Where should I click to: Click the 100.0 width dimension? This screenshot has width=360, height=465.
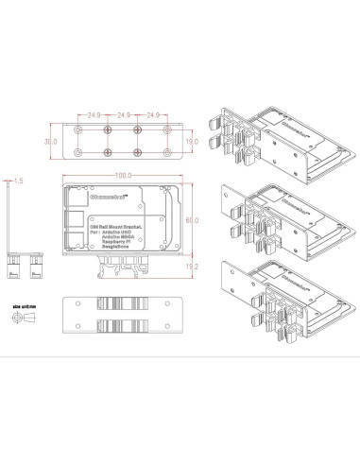(x=123, y=176)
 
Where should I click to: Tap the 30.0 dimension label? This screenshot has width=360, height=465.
(x=51, y=141)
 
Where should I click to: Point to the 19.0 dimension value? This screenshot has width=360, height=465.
(x=192, y=141)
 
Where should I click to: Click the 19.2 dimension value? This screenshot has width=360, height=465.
(x=192, y=267)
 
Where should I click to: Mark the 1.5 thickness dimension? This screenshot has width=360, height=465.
(x=18, y=178)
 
